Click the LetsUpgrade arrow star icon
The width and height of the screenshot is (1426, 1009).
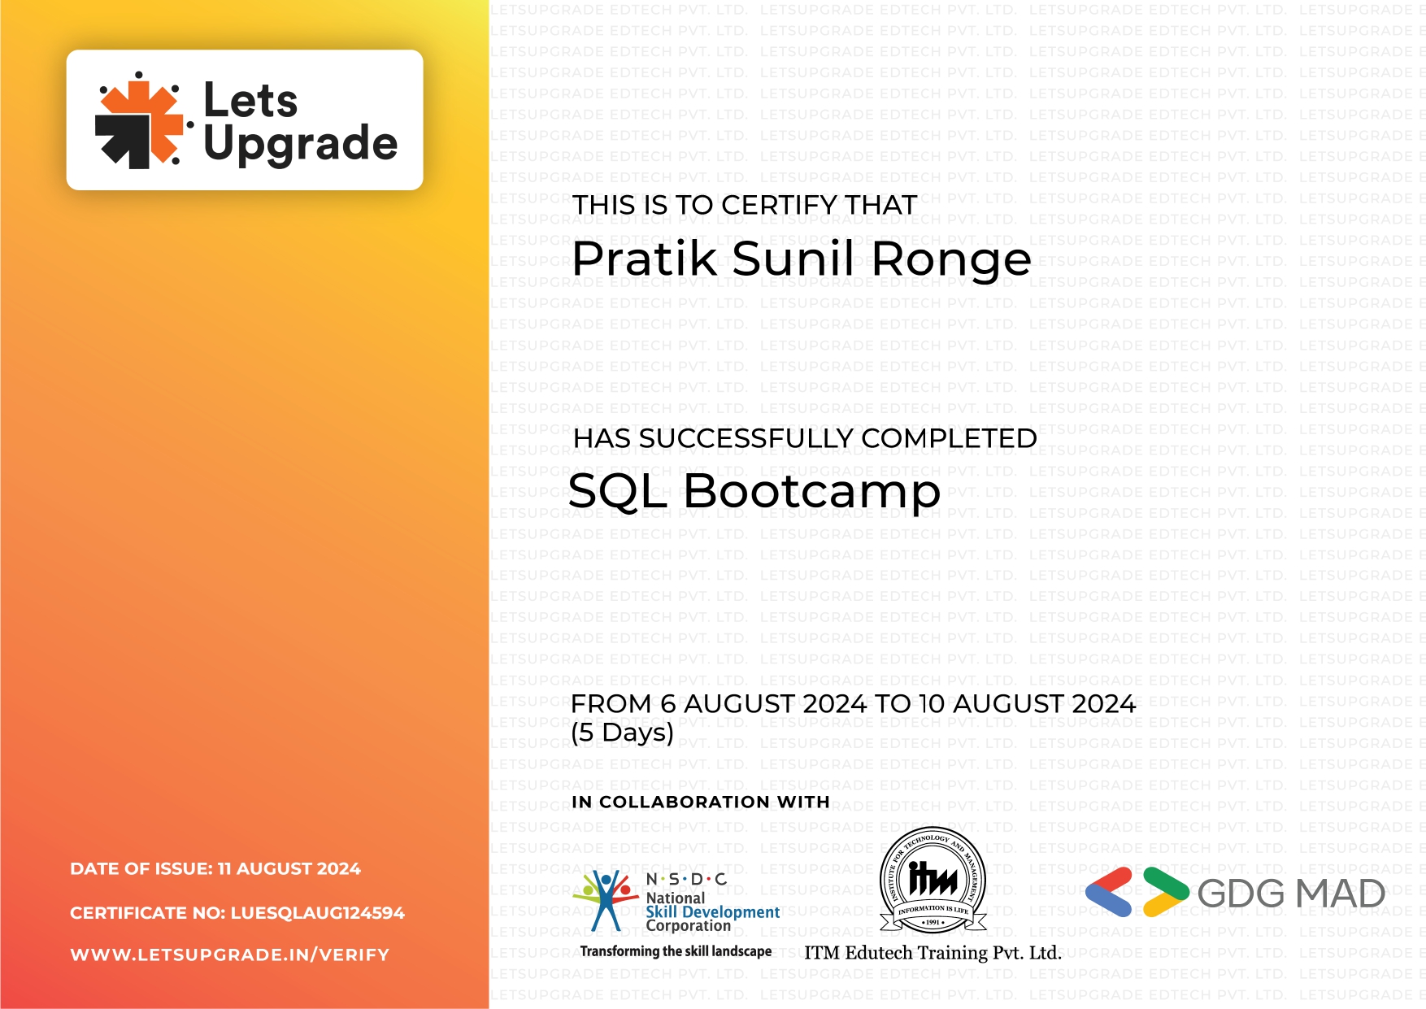(139, 122)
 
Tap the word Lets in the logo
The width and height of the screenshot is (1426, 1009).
(250, 101)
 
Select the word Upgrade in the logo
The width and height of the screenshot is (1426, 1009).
(300, 144)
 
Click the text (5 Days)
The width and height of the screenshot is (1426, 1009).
(622, 733)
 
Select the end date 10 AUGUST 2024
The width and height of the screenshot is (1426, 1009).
(1027, 704)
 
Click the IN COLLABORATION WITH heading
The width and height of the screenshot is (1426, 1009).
(700, 802)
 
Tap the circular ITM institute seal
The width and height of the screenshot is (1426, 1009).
(933, 881)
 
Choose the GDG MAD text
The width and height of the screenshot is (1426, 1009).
(1290, 894)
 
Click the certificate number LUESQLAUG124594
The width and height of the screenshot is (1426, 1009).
(317, 913)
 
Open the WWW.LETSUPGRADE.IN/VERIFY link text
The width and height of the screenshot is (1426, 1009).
(230, 955)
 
